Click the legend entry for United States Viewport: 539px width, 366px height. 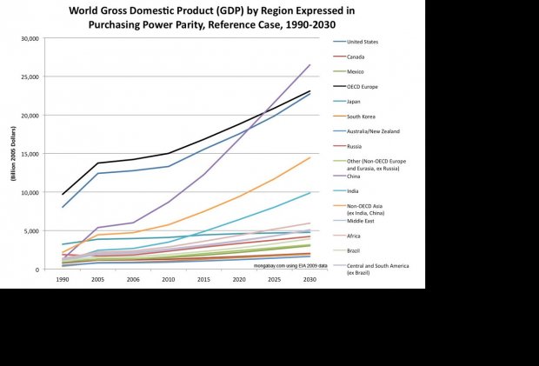coord(362,42)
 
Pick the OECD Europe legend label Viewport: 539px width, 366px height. coord(363,86)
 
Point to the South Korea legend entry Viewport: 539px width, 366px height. coord(361,116)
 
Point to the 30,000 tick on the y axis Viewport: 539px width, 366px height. coord(30,39)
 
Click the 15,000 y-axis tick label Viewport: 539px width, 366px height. coord(30,154)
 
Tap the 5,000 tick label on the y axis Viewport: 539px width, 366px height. coord(32,231)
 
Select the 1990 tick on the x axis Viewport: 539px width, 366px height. coord(63,280)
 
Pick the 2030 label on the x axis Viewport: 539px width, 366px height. coord(309,280)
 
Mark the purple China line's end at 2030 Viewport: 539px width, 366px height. coord(309,65)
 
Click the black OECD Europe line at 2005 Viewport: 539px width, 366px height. coord(97,163)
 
